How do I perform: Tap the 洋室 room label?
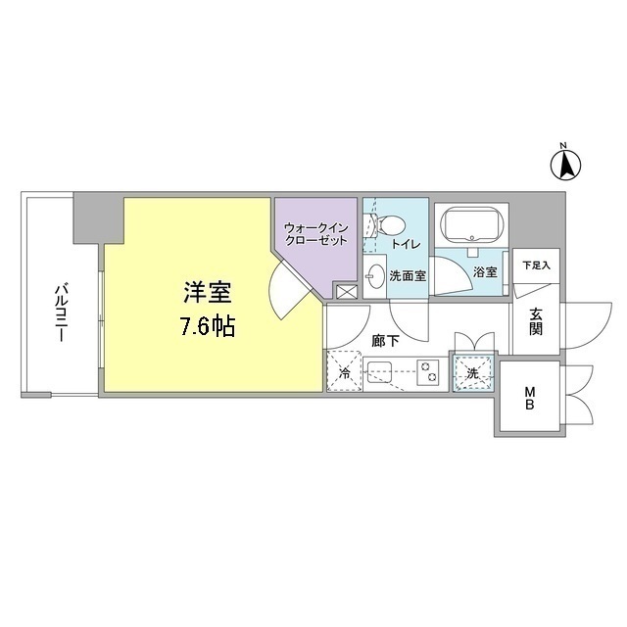click(x=208, y=293)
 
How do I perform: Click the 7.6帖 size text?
click(x=207, y=326)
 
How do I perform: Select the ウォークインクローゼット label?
click(x=314, y=234)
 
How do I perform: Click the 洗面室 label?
click(x=408, y=276)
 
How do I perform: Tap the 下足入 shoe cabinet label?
click(x=536, y=265)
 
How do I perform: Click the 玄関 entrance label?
click(x=537, y=322)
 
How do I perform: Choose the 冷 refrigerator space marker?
click(x=344, y=373)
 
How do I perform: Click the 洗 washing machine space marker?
click(x=473, y=372)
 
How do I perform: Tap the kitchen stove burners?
click(x=428, y=370)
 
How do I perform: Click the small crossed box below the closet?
click(x=346, y=291)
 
